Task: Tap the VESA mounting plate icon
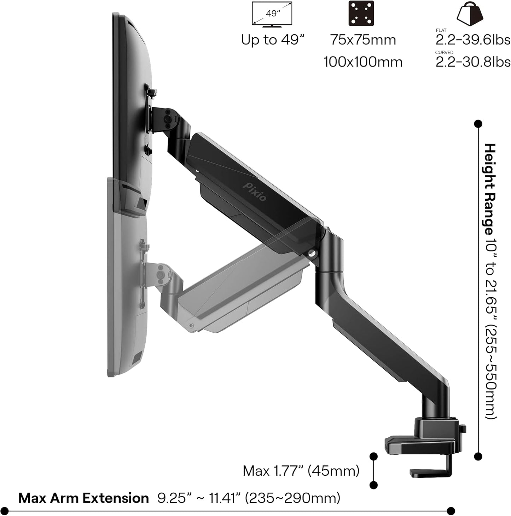coord(361,13)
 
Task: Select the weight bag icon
coord(470,13)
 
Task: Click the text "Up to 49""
coord(273,40)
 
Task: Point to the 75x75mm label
coord(363,40)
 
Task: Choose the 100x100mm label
coord(363,62)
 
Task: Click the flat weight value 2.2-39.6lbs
coord(472,40)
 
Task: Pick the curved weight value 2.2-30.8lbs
coord(472,62)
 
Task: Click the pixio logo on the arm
coord(255,191)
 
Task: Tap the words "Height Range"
coord(490,189)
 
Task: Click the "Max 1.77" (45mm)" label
coord(301,471)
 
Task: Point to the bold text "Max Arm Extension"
coord(83,498)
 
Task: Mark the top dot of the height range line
coord(478,124)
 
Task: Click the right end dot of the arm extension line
coord(451,511)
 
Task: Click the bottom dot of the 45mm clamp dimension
coord(373,485)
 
